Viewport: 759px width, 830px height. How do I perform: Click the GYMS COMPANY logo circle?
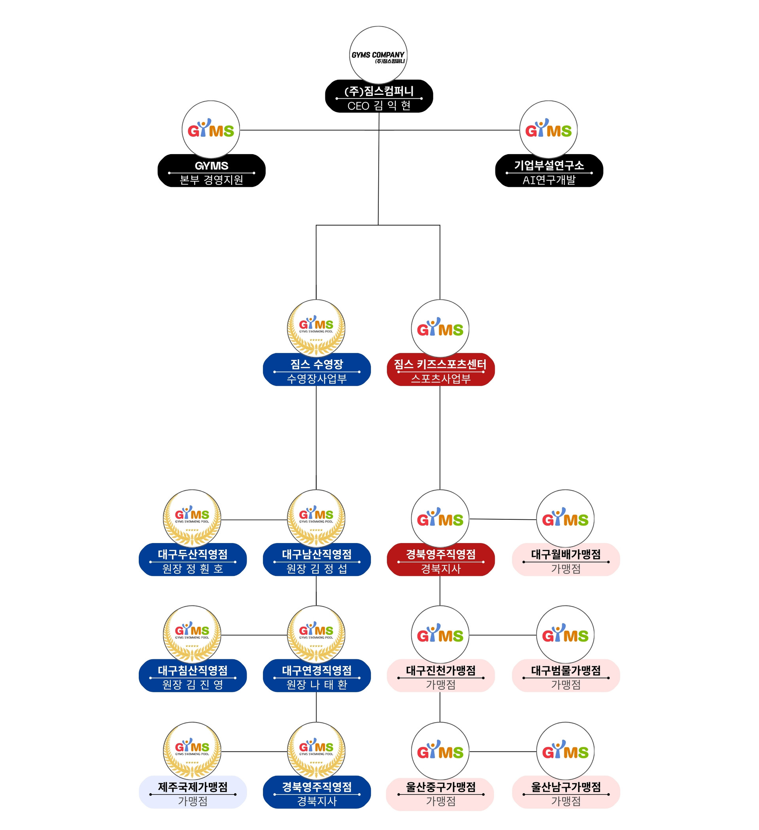click(378, 55)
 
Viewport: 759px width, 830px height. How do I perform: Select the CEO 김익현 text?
click(379, 106)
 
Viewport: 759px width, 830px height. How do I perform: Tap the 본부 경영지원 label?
click(211, 180)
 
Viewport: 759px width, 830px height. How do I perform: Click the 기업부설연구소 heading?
click(549, 166)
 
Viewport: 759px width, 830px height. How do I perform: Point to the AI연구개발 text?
click(549, 180)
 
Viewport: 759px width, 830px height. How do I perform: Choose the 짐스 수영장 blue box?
click(317, 369)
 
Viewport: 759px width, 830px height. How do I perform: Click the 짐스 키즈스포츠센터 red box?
click(441, 369)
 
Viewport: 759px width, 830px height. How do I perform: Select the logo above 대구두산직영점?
click(192, 518)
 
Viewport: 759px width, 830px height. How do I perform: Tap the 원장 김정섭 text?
click(317, 569)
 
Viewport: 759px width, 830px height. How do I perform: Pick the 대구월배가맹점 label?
click(566, 554)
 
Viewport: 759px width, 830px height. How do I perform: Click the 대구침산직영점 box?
click(193, 675)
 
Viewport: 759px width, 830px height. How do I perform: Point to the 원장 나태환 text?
click(317, 685)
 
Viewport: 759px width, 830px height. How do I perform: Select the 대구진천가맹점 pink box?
click(441, 675)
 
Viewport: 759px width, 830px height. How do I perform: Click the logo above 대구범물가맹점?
click(565, 634)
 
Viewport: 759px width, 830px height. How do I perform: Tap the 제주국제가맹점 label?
click(193, 787)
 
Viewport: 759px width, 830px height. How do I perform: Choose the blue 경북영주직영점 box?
click(317, 792)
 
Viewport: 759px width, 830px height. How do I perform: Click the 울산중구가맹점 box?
click(440, 793)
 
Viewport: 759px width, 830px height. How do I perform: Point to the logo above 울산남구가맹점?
click(565, 751)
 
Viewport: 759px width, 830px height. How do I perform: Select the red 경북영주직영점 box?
click(441, 560)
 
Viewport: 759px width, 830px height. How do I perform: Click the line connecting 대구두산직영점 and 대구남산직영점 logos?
click(254, 520)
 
